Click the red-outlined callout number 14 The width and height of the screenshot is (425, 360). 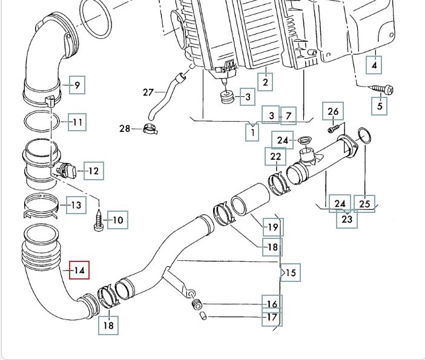79,270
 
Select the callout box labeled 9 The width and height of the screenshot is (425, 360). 77,85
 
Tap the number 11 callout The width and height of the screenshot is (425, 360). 77,123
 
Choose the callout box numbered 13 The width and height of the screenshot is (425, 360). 76,205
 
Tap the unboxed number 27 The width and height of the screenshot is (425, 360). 148,93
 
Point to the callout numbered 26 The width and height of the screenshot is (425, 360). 334,111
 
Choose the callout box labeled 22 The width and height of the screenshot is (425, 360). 276,157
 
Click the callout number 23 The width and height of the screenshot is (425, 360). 347,219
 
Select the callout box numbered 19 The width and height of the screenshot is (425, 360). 272,227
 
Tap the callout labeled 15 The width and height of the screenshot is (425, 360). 291,273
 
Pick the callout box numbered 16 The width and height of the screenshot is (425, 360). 271,304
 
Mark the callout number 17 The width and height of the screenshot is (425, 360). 271,317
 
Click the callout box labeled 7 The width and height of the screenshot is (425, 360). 288,115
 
